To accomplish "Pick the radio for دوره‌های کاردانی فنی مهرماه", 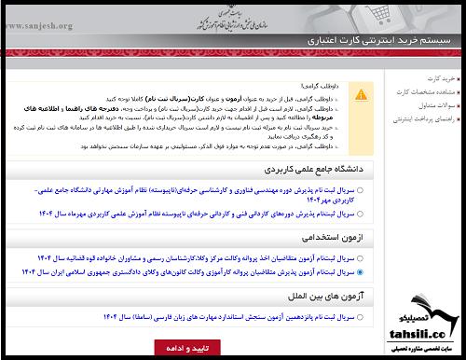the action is [361, 214].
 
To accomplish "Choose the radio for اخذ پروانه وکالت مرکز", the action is [361, 256].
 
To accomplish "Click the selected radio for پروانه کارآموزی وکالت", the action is [361, 272].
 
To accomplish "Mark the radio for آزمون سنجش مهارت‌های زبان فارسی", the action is [361, 316].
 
